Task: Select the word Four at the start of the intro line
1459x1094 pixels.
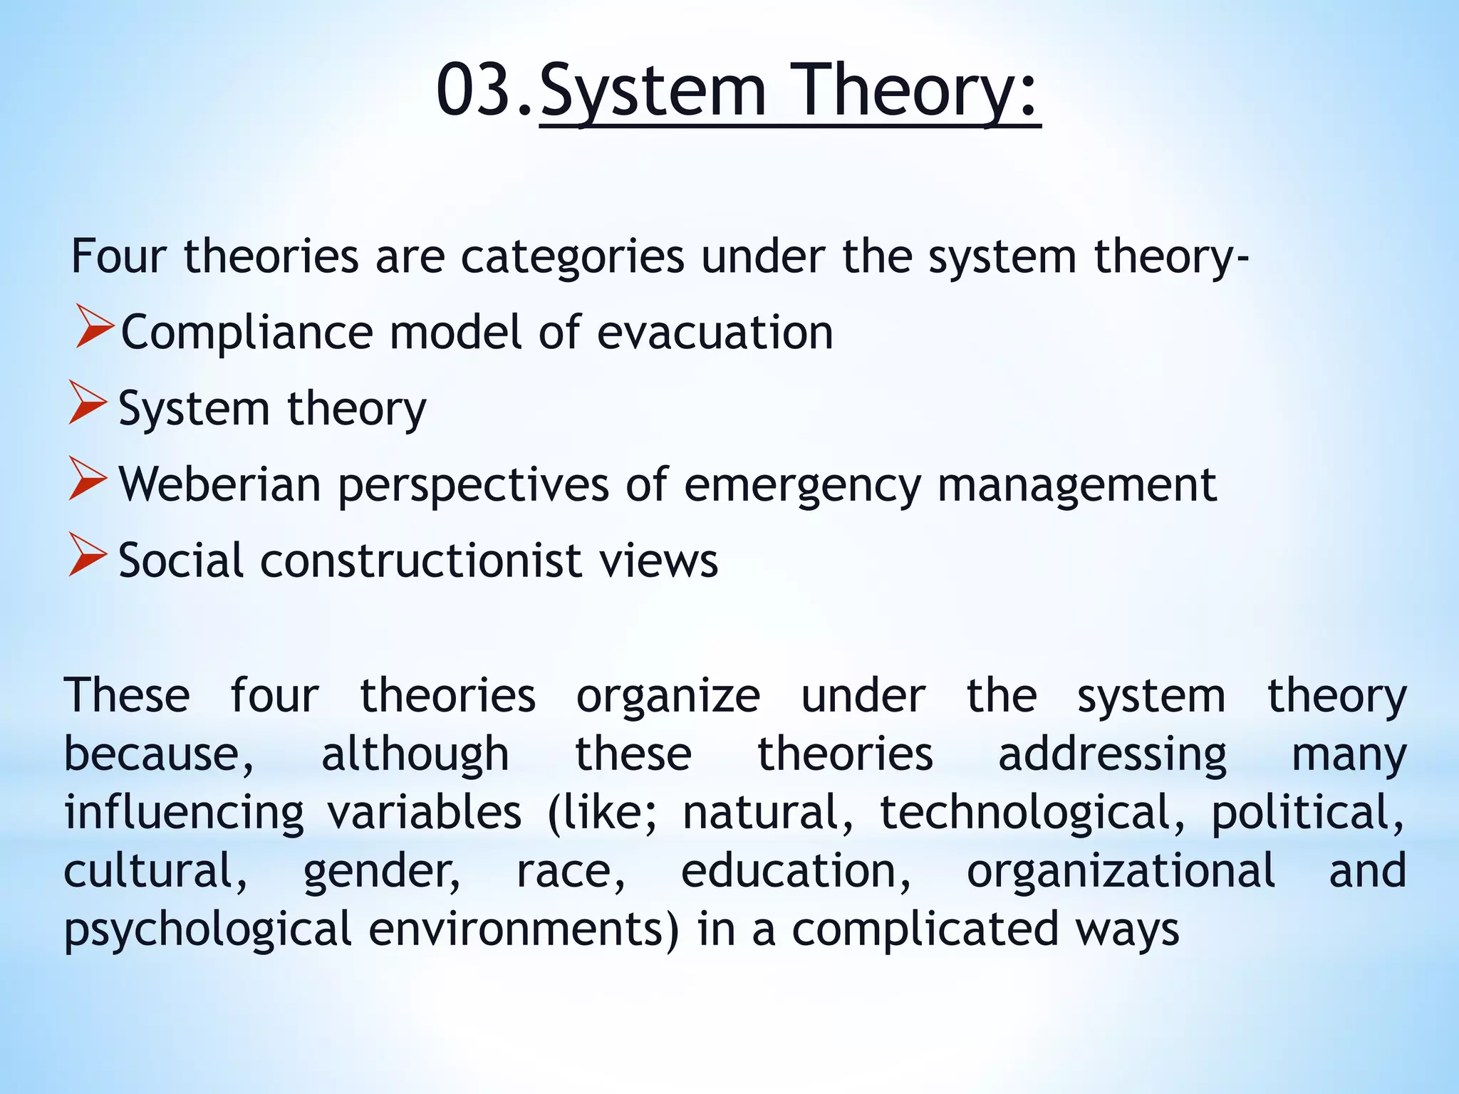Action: click(x=118, y=256)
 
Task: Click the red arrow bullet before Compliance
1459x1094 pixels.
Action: click(x=94, y=327)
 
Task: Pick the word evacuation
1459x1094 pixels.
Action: click(x=715, y=333)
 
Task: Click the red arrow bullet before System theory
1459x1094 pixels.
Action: click(x=88, y=403)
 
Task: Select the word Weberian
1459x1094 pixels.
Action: click(x=219, y=484)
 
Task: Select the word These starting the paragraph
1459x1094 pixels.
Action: click(x=127, y=695)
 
